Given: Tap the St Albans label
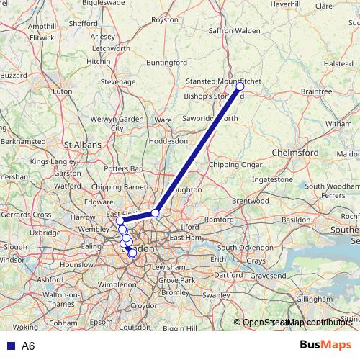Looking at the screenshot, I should [81, 144].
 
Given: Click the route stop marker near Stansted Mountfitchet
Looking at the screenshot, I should [240, 86].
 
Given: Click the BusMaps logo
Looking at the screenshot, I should [325, 346].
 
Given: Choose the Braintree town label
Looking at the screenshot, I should [316, 91].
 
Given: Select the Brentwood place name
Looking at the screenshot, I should [250, 201].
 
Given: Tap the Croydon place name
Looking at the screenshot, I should [144, 305].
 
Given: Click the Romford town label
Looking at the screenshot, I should [220, 219].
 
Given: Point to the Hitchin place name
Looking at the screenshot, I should [98, 62].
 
